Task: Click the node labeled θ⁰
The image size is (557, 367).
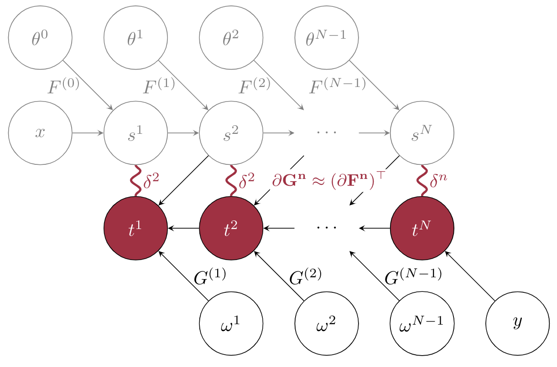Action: pos(40,38)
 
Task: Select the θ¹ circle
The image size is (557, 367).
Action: pos(136,38)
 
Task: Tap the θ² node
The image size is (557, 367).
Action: pos(231,38)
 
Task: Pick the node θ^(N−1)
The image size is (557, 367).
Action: pos(327,38)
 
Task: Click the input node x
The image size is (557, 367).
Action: pos(40,133)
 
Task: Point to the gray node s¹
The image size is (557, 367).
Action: pos(136,133)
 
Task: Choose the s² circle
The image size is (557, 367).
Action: pos(231,133)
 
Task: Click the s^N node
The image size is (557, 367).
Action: pos(422,133)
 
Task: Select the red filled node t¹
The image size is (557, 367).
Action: pos(136,228)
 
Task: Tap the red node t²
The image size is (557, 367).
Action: pos(231,228)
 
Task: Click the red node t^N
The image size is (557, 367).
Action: pos(422,228)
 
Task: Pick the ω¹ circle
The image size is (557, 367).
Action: pos(231,324)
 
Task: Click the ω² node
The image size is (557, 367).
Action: pos(327,324)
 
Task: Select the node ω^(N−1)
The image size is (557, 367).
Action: pos(422,324)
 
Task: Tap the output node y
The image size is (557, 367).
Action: pos(518,324)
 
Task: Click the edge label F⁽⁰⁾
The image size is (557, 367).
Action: pos(63,86)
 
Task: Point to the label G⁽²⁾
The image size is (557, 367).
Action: pos(305,276)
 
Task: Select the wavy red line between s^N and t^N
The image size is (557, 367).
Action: pos(422,181)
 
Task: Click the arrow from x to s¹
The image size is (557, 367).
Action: pos(88,133)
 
